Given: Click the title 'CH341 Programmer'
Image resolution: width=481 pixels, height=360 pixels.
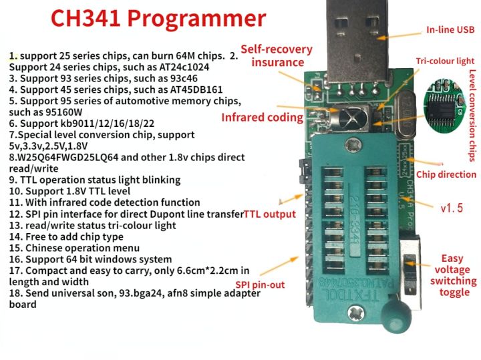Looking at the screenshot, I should click(x=158, y=18).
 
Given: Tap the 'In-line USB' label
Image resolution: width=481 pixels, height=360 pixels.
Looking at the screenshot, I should click(x=450, y=30).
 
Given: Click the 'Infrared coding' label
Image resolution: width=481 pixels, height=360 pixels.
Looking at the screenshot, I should click(x=263, y=118).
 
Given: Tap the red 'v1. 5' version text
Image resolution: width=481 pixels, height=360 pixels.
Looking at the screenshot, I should click(x=452, y=208).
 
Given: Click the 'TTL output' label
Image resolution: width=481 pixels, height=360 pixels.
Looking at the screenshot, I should click(x=270, y=214).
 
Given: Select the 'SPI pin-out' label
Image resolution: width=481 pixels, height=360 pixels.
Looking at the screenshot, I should click(x=260, y=285).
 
